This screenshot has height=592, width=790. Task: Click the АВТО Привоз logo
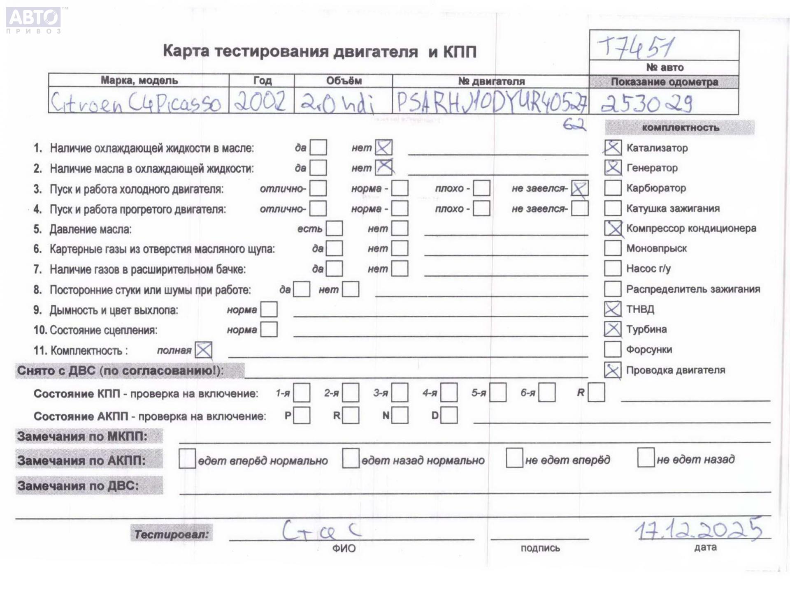pos(34,20)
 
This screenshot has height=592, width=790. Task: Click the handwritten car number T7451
pos(636,47)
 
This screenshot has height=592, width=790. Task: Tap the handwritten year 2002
pos(260,101)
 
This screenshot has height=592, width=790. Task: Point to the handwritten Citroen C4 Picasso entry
pos(135,102)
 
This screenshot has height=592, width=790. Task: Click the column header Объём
pos(344,81)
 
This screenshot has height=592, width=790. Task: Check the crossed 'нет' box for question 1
pos(383,147)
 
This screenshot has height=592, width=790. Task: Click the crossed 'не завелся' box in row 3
pos(579,188)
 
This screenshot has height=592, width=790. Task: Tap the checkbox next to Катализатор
pos(613,147)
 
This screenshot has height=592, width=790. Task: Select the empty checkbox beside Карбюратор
pos(613,188)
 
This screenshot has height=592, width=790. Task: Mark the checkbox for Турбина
pos(613,329)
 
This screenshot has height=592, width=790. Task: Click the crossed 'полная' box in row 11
pos(203,350)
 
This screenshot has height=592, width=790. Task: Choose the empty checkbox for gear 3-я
pos(400,393)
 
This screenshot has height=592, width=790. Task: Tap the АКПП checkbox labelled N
pos(400,415)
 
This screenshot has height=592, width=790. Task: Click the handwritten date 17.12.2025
pos(698,529)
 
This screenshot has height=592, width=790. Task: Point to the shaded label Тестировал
pos(171,534)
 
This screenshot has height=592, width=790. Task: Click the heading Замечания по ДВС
pos(78,486)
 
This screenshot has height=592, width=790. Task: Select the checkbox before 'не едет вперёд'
pos(514,458)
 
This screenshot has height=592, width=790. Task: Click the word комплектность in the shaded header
pos(680,128)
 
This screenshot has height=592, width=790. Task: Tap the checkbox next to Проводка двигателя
pos(613,370)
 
